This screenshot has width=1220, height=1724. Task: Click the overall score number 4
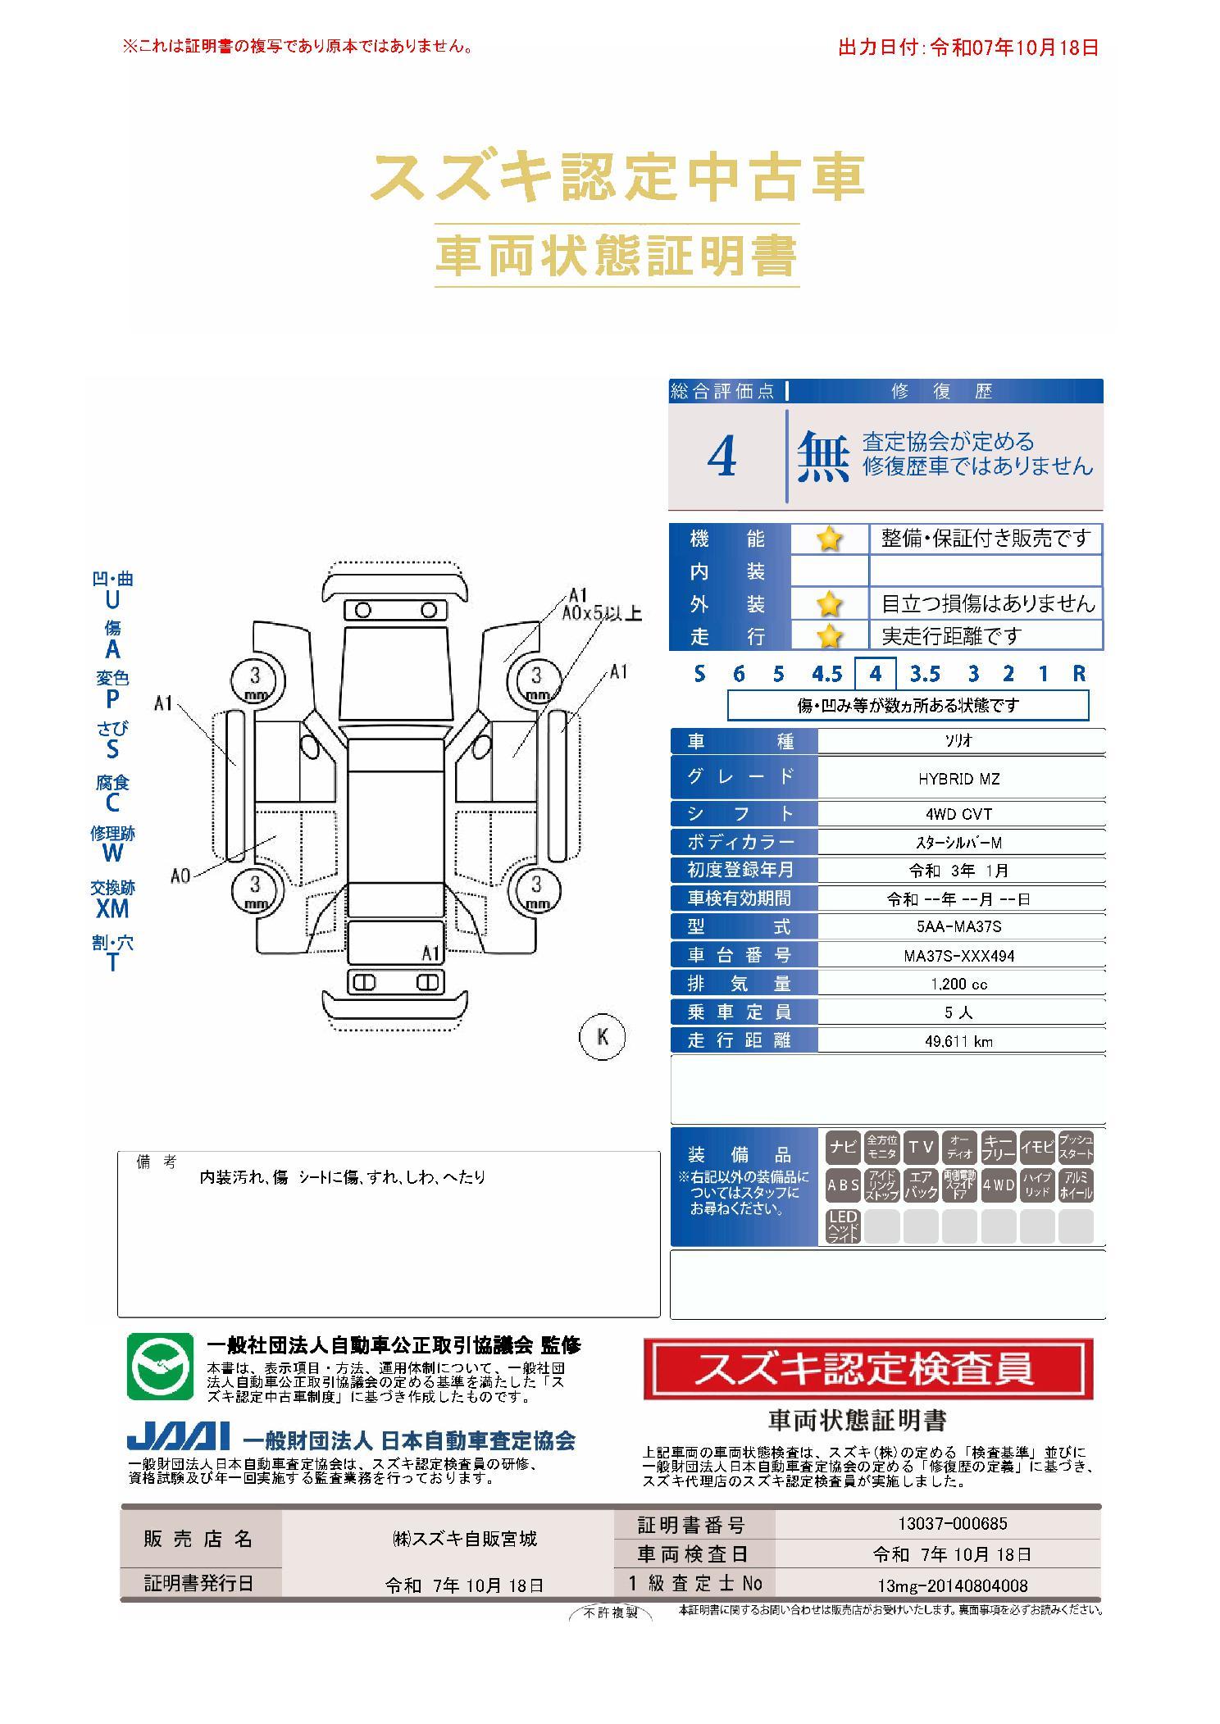pos(722,457)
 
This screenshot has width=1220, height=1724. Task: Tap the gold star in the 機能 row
pos(829,539)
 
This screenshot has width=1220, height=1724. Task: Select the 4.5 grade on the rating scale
pos(826,674)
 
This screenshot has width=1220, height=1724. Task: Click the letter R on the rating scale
pos(1079,674)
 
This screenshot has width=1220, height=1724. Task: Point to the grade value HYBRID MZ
pos(959,779)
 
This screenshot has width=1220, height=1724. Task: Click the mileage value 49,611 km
pos(958,1041)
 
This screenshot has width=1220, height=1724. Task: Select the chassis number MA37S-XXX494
pos(958,956)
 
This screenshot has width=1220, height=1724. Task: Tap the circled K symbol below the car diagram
pos(603,1036)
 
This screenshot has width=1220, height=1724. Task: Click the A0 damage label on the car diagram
pos(180,876)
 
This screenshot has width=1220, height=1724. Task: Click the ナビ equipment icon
pos(843,1147)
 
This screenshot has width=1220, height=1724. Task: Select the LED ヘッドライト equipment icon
pos(843,1226)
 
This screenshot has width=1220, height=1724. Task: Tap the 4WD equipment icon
pos(998,1185)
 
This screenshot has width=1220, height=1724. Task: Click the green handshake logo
pos(160,1367)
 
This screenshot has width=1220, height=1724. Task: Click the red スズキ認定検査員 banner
pos(868,1368)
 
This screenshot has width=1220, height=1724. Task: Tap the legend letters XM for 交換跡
pos(112,907)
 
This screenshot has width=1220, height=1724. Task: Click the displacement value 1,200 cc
pos(958,984)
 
